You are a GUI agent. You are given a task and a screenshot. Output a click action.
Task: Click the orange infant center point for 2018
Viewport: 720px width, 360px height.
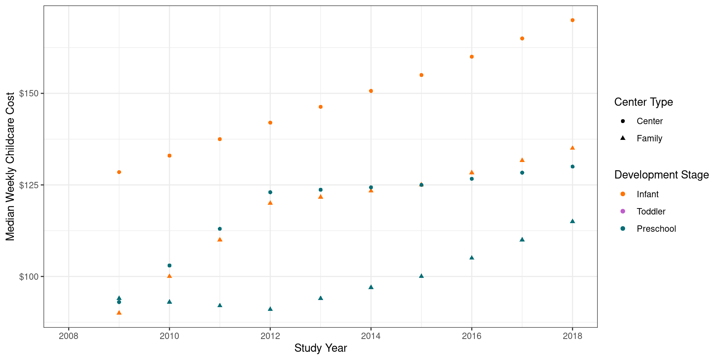click(572, 20)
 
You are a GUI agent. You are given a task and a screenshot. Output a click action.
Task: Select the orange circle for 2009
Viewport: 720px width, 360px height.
click(119, 172)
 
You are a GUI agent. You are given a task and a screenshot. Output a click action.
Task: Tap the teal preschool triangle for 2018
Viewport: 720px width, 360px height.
click(572, 221)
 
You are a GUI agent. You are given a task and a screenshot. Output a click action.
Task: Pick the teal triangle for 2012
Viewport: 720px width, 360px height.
click(270, 309)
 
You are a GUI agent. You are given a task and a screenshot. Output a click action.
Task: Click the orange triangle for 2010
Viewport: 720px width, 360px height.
click(169, 276)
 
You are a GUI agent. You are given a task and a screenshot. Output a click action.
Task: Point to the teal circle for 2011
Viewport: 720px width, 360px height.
click(220, 229)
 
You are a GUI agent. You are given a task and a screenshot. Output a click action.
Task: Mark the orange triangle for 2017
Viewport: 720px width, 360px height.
click(522, 160)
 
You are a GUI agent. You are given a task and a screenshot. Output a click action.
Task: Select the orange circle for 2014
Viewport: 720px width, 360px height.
click(371, 91)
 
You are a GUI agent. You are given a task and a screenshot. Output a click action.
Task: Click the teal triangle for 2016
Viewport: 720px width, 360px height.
click(472, 258)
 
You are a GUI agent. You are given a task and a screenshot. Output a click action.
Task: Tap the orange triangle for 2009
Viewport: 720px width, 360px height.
click(119, 313)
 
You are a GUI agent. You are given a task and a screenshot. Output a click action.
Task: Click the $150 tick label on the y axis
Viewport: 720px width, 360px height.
click(29, 93)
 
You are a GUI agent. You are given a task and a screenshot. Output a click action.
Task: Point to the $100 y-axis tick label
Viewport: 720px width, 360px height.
click(29, 277)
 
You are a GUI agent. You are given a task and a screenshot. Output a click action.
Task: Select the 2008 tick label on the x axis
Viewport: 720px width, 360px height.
click(69, 336)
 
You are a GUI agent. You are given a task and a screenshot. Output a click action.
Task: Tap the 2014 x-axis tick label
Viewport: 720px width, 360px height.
click(371, 336)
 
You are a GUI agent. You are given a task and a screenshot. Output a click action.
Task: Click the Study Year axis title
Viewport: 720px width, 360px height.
click(320, 348)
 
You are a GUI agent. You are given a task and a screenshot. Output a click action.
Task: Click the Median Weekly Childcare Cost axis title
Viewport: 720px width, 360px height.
click(10, 166)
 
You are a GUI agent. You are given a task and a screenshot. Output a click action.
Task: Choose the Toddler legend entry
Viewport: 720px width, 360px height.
click(651, 211)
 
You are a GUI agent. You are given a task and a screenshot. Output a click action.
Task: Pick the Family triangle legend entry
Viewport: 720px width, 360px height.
click(649, 138)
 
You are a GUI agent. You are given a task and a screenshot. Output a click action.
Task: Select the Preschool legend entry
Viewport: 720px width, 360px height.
click(656, 229)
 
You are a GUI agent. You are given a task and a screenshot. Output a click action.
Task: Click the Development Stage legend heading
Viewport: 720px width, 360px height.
click(661, 175)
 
